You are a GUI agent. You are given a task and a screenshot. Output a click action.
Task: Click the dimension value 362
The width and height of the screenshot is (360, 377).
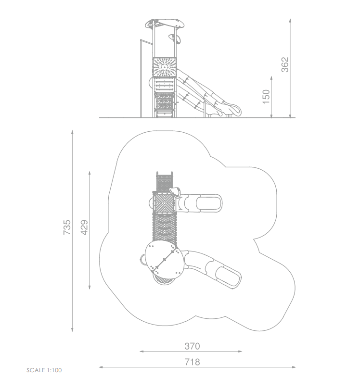(285, 64)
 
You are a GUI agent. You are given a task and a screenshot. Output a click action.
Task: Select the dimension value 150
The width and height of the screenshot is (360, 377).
(266, 97)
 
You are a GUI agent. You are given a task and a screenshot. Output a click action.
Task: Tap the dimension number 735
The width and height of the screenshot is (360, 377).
(67, 227)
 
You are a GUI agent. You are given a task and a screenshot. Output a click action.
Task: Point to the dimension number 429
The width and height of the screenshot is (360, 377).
(84, 227)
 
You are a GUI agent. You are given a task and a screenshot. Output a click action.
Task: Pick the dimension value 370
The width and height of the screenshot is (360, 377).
(192, 346)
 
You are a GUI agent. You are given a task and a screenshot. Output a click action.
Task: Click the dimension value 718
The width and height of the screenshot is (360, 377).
(192, 362)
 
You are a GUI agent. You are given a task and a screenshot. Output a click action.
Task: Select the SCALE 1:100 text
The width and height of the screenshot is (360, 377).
(44, 370)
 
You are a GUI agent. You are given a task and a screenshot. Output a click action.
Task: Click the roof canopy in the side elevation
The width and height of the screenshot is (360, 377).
(165, 24)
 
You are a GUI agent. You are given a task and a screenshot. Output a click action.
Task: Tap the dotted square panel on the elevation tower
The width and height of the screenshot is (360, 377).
(165, 67)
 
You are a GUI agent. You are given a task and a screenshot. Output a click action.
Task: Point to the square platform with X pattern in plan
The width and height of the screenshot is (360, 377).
(165, 202)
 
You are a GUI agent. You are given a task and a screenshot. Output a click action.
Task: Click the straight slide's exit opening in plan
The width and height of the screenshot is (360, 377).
(208, 203)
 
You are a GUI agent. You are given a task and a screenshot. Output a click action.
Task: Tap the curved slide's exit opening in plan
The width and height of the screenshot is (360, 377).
(227, 276)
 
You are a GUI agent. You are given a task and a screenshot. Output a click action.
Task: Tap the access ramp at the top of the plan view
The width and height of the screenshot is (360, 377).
(165, 182)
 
